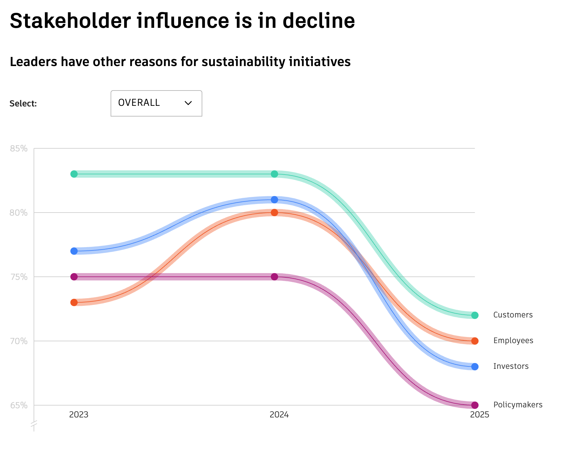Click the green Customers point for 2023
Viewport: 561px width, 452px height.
point(74,174)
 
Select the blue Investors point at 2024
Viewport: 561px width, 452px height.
point(274,200)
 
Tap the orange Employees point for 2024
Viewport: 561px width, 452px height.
point(274,213)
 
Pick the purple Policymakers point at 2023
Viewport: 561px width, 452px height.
point(74,277)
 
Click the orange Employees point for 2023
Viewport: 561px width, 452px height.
point(74,302)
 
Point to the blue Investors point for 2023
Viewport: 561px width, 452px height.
point(74,251)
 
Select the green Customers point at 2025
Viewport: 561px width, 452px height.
point(475,315)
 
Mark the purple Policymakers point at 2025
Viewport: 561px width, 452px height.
point(475,405)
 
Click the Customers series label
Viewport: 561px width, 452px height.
point(513,315)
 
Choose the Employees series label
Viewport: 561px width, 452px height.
point(513,341)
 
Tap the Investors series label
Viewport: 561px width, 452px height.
point(511,366)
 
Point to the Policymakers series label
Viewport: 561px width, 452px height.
point(518,405)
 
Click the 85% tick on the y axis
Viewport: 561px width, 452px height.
point(19,149)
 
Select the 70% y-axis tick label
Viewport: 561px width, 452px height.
point(19,341)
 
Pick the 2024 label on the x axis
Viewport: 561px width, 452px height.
point(279,415)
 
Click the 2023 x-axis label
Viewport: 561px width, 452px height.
point(79,415)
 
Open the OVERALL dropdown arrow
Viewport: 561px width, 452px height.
point(188,103)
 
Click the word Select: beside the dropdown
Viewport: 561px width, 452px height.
point(23,104)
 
